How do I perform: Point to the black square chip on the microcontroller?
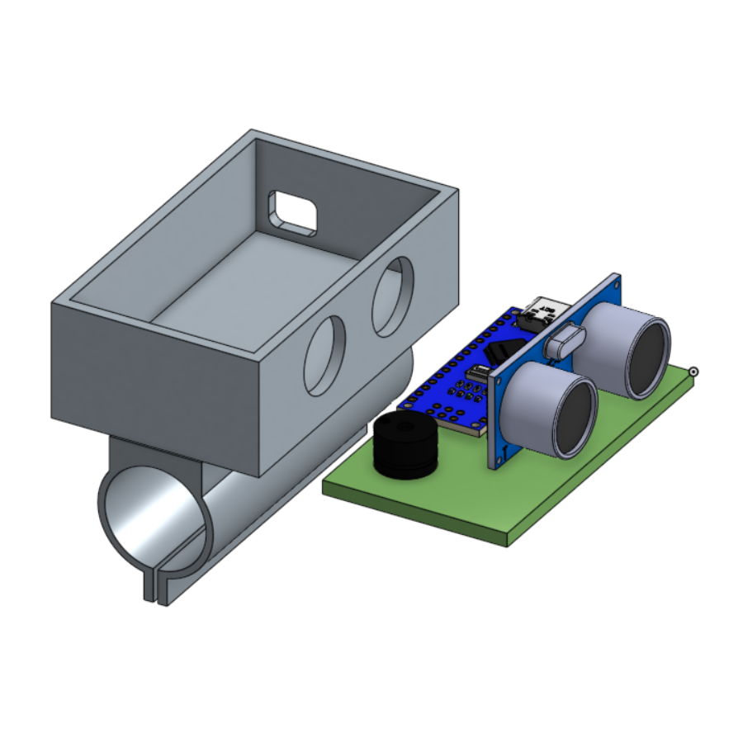500,352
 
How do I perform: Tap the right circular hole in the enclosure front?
393,296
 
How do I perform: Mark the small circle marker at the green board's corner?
694,371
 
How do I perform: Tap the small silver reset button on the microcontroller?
476,376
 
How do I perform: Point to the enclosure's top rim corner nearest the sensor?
456,192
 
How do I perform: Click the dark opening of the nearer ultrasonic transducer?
575,417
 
